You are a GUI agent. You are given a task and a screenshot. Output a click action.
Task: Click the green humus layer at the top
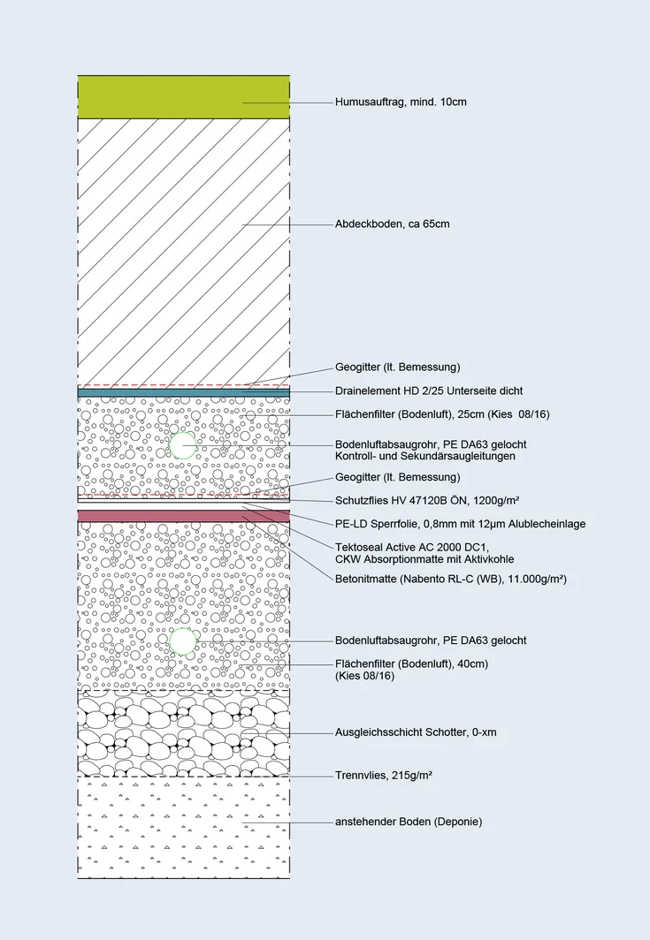point(183,96)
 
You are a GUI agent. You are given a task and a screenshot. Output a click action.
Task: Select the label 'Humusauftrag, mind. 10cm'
point(401,102)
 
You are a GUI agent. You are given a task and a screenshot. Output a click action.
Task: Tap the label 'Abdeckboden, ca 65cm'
point(392,224)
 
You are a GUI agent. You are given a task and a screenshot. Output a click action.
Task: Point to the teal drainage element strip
point(183,392)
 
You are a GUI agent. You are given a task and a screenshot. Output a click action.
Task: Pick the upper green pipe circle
point(183,445)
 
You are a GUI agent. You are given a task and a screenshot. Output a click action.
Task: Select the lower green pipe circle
point(183,641)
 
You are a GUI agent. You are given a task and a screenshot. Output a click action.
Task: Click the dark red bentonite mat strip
point(183,515)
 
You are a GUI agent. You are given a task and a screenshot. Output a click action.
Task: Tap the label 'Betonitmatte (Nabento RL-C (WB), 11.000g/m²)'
point(450,579)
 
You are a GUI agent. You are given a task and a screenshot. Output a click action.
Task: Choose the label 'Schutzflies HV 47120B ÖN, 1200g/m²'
point(426,500)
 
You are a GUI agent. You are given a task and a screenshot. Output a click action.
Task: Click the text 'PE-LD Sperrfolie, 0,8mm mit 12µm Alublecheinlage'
point(460,524)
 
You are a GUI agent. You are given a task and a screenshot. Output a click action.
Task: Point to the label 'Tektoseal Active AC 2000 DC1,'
point(411,547)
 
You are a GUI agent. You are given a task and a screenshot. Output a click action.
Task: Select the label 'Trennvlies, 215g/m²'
point(383,775)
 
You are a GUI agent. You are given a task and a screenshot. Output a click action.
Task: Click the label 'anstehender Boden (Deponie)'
point(409,822)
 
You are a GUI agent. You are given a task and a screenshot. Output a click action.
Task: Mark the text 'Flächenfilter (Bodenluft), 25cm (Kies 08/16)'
point(443,413)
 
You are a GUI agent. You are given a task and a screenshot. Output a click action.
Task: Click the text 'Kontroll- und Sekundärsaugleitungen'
point(424,457)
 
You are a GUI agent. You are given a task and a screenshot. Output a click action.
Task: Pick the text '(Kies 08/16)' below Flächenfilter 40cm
point(364,676)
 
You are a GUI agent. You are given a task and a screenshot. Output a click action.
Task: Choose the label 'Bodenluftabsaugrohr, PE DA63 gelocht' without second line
point(431,641)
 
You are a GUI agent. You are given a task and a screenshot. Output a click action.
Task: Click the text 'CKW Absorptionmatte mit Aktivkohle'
point(424,559)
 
